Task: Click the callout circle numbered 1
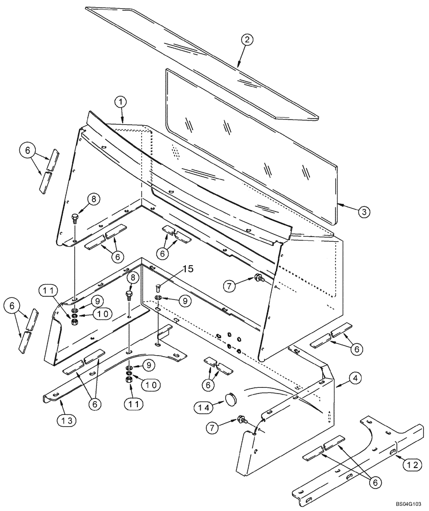(121, 102)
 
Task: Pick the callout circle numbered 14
(202, 407)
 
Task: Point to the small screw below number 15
(158, 288)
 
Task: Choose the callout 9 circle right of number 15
(183, 301)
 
